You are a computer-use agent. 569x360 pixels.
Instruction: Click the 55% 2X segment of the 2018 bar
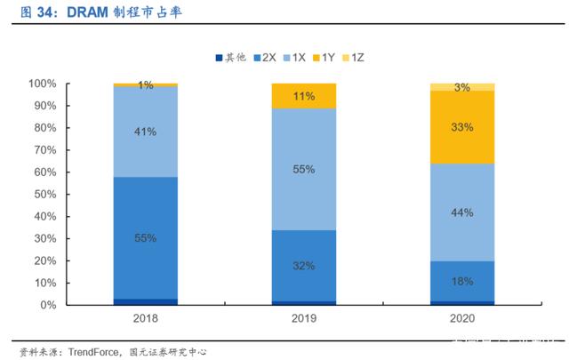[146, 238]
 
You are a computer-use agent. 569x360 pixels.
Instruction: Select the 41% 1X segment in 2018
[146, 132]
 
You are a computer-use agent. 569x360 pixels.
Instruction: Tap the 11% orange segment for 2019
[304, 96]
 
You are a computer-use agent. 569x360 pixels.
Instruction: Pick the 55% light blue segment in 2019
[304, 170]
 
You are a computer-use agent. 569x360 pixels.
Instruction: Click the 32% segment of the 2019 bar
[304, 266]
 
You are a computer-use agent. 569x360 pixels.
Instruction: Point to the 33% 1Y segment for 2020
[462, 127]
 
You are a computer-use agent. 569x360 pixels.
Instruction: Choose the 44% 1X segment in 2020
[462, 212]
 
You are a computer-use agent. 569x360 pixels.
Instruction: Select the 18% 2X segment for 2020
[462, 281]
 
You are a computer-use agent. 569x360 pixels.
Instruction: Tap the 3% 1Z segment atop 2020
[462, 87]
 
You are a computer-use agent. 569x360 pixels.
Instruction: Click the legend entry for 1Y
[324, 58]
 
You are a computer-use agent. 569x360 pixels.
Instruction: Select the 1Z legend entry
[353, 58]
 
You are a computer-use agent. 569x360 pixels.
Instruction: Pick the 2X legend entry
[265, 58]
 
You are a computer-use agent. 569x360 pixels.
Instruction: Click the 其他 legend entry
[231, 58]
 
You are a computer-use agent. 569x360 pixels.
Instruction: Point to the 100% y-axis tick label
[43, 84]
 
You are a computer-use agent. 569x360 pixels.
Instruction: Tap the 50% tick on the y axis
[45, 195]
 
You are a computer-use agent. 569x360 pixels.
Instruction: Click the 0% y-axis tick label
[48, 305]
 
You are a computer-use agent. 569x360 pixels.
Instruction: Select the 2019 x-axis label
[304, 318]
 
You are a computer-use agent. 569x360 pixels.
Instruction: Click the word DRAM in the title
[87, 12]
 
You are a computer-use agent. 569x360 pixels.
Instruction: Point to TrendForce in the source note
[93, 352]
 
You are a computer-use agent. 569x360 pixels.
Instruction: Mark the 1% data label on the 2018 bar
[146, 85]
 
